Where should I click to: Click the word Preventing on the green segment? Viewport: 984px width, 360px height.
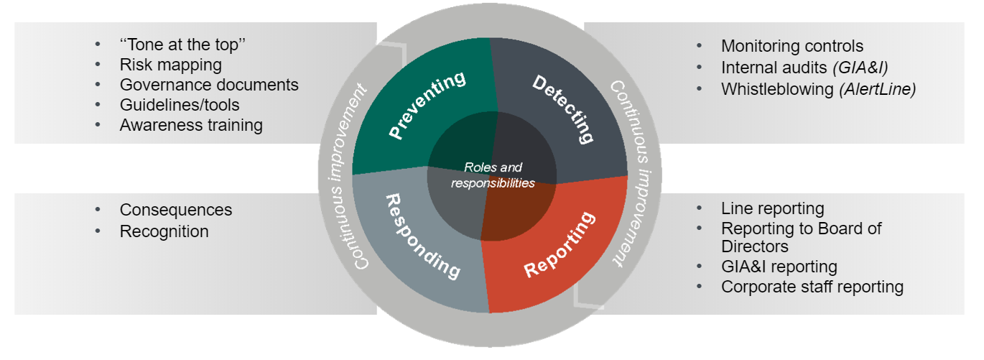click(427, 106)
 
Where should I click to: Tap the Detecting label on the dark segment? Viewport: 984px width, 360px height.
click(565, 109)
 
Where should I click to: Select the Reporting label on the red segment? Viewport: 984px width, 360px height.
click(560, 244)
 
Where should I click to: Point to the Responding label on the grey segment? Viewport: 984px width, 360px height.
click(423, 236)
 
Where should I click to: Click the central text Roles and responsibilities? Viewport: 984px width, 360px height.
click(493, 175)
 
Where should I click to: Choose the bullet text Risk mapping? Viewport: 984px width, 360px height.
click(171, 65)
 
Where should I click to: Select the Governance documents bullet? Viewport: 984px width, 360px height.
click(209, 85)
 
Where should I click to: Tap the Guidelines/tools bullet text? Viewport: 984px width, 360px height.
click(180, 105)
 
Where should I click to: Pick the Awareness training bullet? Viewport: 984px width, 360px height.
click(191, 125)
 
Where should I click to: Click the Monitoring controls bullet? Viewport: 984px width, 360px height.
click(792, 47)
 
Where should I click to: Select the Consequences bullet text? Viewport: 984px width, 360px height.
click(176, 210)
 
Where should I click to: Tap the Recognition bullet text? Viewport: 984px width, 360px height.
click(164, 231)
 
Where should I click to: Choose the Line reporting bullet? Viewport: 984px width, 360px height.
click(773, 209)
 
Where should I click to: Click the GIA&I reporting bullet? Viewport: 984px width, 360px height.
click(779, 267)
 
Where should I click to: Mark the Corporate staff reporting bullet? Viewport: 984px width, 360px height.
click(812, 287)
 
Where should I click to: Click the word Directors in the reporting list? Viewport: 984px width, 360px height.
click(755, 246)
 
